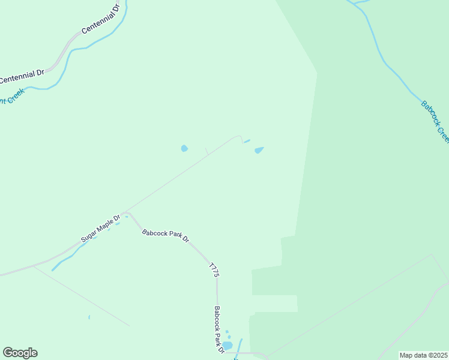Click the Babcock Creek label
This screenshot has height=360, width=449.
[x=435, y=121]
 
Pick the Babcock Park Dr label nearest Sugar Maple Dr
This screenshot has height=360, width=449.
[x=166, y=235]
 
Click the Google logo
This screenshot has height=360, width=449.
[x=20, y=352]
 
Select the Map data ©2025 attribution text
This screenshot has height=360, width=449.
[x=423, y=355]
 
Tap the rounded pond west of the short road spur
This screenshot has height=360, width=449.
[x=184, y=148]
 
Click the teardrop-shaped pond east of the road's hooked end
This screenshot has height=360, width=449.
[x=259, y=150]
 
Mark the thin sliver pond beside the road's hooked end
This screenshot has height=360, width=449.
[x=247, y=142]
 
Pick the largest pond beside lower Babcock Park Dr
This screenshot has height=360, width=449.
[x=227, y=346]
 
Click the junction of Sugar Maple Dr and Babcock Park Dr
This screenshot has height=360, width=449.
[x=126, y=213]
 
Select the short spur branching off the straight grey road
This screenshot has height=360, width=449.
[x=206, y=151]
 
